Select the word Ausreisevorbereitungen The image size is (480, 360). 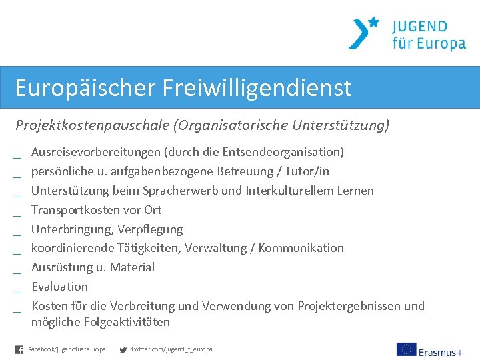click(x=96, y=152)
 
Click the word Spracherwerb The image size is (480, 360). click(x=179, y=191)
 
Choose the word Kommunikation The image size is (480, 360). click(x=301, y=248)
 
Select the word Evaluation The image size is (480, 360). click(x=60, y=287)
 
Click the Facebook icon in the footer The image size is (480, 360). click(x=19, y=349)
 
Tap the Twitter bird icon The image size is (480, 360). click(x=123, y=349)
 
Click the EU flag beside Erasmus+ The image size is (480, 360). click(x=406, y=349)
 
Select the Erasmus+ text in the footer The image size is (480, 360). click(x=441, y=351)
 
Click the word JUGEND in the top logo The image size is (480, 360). click(x=419, y=27)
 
